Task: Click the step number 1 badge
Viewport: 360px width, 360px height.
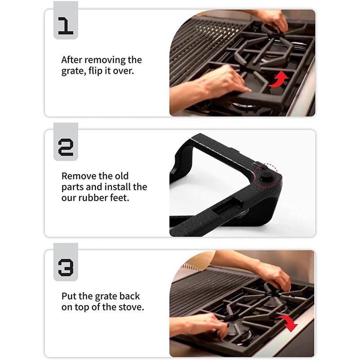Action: click(66, 20)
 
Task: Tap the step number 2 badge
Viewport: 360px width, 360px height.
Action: click(66, 142)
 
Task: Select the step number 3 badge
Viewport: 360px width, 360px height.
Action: click(66, 262)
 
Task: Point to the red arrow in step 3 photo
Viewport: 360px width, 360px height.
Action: click(289, 323)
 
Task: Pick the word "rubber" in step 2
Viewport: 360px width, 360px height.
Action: click(93, 198)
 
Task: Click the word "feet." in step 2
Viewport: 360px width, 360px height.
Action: click(120, 198)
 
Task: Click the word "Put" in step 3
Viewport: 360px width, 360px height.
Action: click(69, 296)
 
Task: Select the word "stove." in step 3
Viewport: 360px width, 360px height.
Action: click(131, 307)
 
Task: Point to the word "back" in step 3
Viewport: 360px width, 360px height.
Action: click(129, 296)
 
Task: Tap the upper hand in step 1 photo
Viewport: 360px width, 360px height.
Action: click(273, 21)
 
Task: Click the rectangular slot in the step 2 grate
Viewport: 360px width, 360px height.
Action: click(227, 209)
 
